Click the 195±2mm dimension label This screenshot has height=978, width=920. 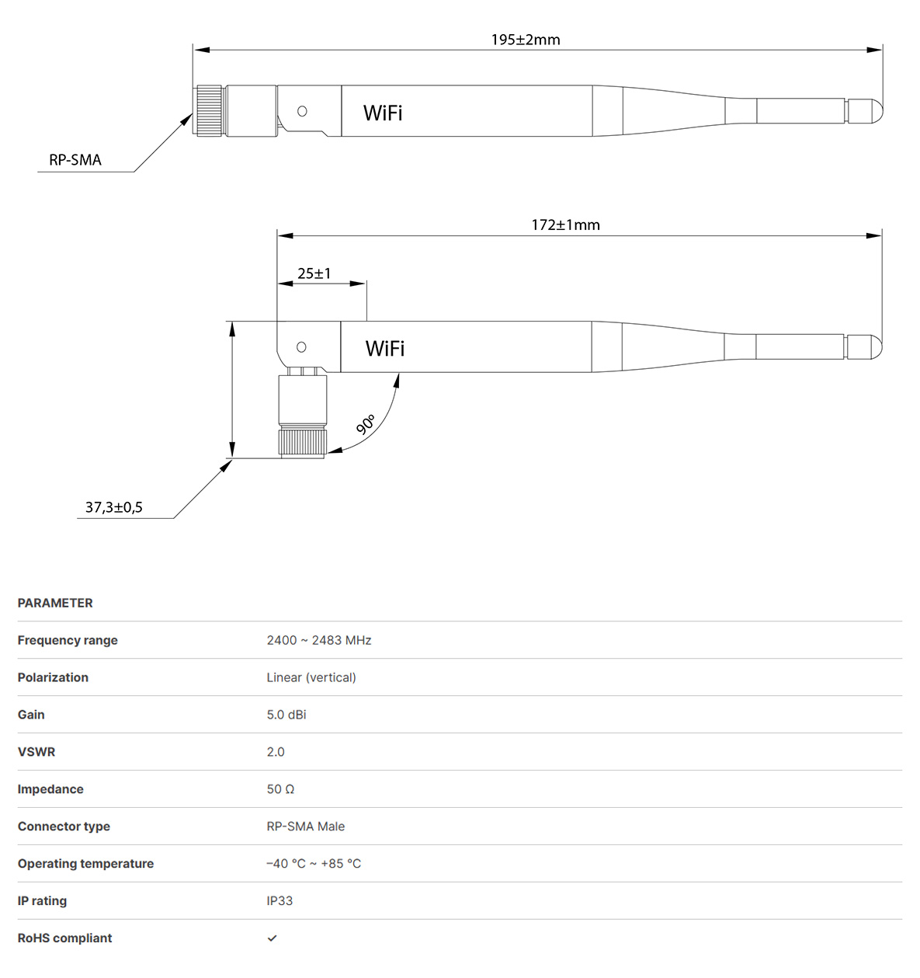[526, 40]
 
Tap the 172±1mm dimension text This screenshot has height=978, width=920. [565, 225]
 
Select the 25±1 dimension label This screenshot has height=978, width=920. [314, 273]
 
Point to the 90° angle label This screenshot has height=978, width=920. [366, 424]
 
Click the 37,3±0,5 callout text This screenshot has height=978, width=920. [113, 507]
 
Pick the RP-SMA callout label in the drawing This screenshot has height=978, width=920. [75, 160]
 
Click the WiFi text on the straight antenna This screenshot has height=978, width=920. [383, 113]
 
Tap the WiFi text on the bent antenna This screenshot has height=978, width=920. [384, 349]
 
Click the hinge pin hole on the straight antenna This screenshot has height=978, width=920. [302, 111]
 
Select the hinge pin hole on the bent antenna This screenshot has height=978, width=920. [301, 347]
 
